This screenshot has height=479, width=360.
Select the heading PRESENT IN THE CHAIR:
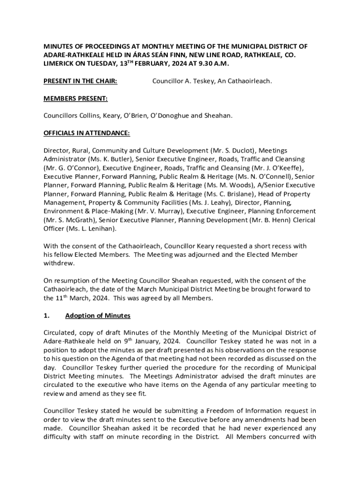[80, 81]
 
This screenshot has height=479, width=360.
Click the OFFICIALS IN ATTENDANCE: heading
[86, 133]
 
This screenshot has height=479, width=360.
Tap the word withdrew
[59, 263]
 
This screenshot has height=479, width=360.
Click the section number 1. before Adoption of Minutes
[46, 316]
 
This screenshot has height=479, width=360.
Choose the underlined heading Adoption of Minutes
[98, 316]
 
